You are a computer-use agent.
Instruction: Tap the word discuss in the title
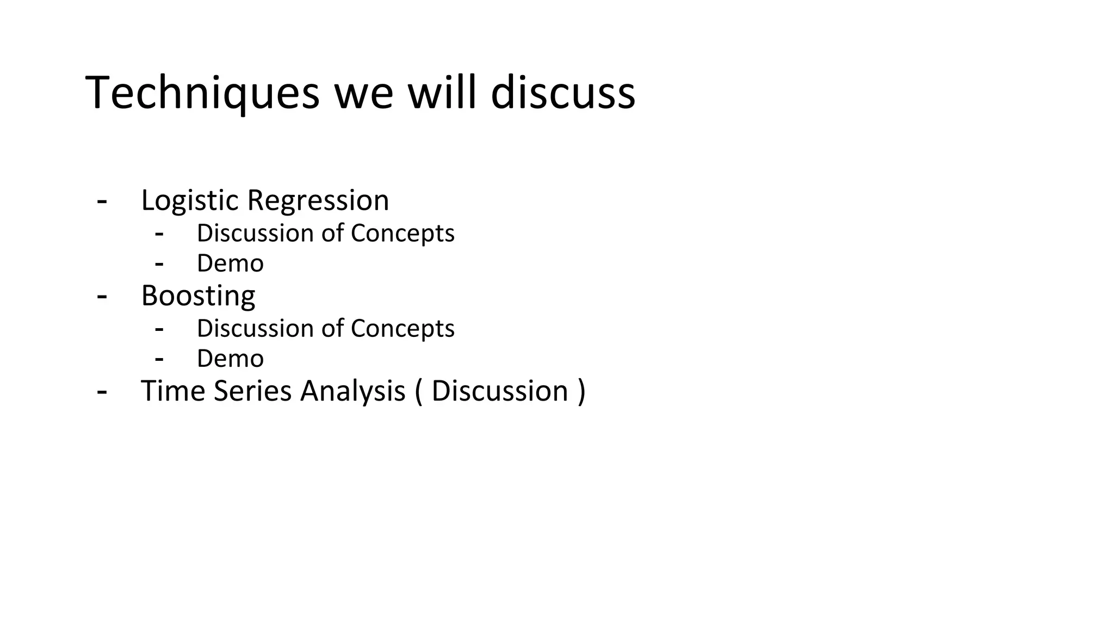[x=563, y=93]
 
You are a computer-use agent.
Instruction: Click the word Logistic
[x=190, y=201]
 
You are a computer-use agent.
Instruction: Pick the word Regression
[x=318, y=201]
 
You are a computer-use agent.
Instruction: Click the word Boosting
[x=198, y=296]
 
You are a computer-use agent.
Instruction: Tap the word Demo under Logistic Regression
[x=230, y=263]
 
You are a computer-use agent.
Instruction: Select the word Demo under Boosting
[x=230, y=359]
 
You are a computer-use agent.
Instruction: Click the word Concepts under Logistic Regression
[x=403, y=233]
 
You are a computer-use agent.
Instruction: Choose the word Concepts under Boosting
[x=403, y=329]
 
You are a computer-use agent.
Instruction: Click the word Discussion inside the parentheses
[x=499, y=391]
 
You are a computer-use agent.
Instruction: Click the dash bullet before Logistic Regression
[x=102, y=201]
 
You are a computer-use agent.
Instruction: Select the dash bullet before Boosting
[x=102, y=297]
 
